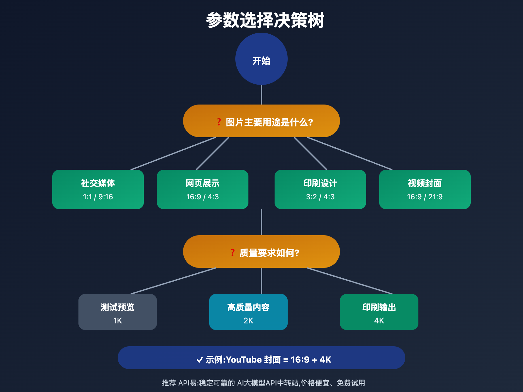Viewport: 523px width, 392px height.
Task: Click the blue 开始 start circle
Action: (261, 59)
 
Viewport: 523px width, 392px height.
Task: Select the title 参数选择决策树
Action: (265, 20)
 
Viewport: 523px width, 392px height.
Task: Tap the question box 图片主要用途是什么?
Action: (261, 121)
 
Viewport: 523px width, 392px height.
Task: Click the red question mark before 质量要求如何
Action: (232, 253)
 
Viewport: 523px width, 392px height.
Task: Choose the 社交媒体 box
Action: (98, 189)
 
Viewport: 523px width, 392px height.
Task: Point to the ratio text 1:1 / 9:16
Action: (98, 197)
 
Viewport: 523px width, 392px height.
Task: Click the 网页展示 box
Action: (203, 189)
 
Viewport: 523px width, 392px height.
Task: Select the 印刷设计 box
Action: (320, 189)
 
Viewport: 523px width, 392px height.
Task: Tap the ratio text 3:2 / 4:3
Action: (320, 197)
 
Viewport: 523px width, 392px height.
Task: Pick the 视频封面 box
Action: (425, 189)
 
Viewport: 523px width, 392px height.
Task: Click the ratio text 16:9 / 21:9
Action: (425, 197)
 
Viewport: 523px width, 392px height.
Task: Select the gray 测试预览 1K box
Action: (118, 312)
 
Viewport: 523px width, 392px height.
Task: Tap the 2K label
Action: (248, 320)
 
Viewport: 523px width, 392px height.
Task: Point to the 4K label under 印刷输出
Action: (379, 320)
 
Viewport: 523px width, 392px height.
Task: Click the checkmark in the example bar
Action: (199, 360)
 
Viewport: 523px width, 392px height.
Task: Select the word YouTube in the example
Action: (244, 360)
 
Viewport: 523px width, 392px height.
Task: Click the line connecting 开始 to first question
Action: (261, 95)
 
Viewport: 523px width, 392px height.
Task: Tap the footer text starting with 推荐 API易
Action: (263, 383)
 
